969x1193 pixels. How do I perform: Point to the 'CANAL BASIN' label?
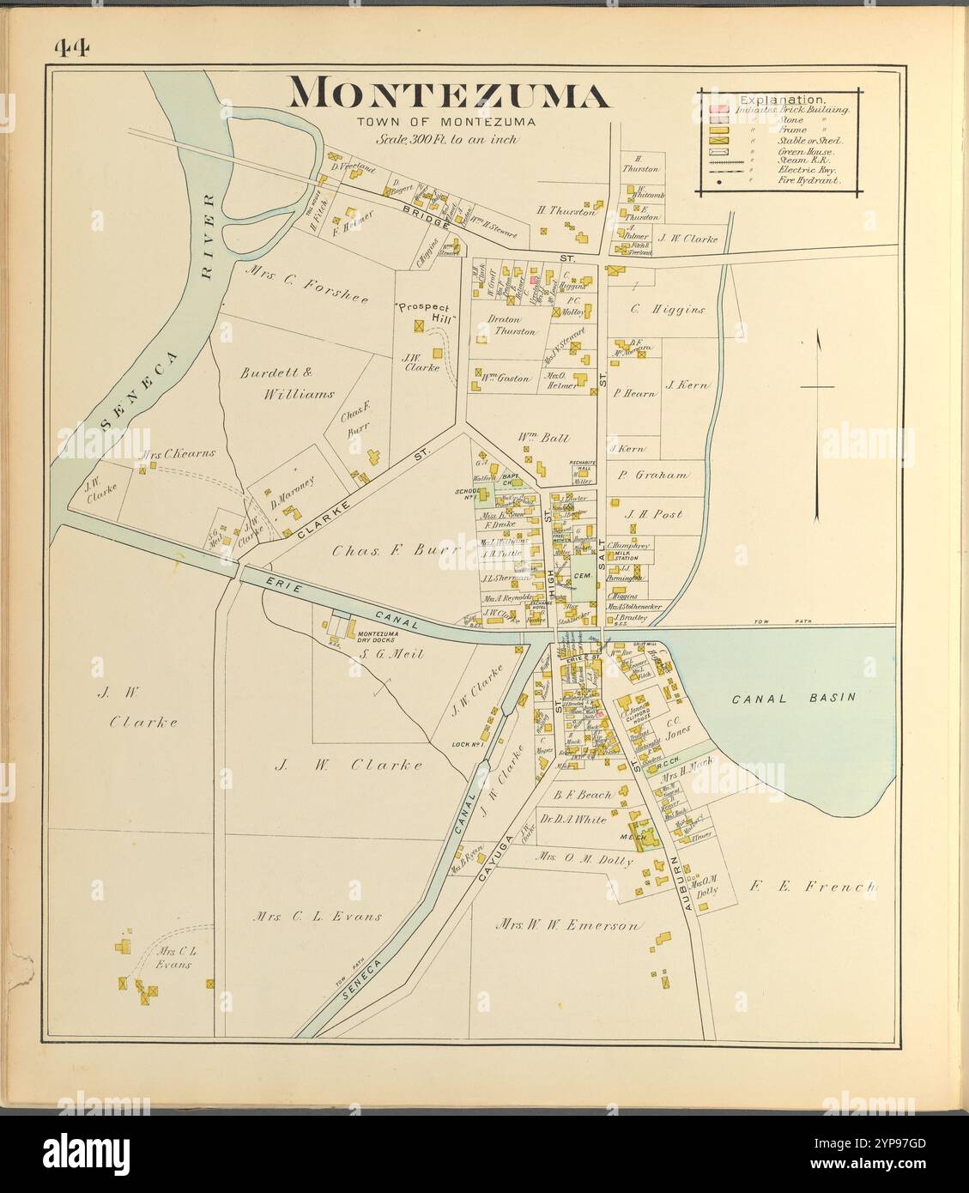pos(793,698)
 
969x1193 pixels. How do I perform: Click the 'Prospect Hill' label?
pos(426,312)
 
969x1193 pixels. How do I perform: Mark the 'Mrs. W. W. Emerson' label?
pos(568,926)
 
